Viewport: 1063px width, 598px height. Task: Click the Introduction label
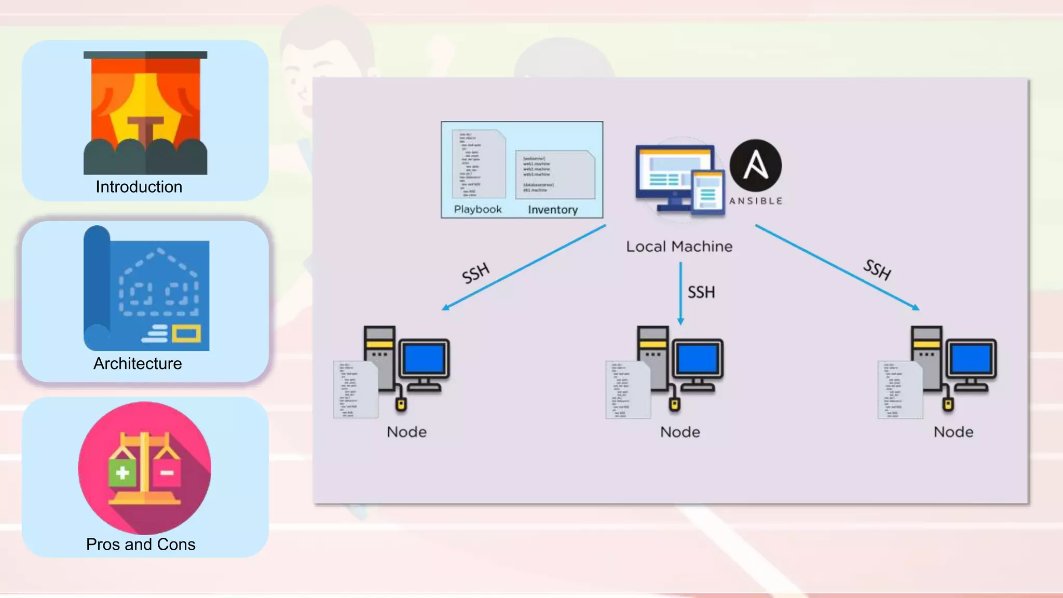coord(139,187)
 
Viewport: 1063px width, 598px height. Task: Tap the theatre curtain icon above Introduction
coord(145,113)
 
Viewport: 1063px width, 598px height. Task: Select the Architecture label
coord(138,363)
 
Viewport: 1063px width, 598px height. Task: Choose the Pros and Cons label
coord(141,544)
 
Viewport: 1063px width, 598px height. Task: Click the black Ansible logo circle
coord(755,165)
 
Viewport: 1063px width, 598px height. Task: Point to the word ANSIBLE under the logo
coord(755,201)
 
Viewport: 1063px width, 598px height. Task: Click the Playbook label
coord(478,209)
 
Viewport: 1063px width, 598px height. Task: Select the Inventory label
coord(553,210)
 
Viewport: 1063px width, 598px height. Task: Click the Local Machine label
coord(679,247)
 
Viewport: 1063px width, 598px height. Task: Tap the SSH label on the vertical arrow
coord(701,292)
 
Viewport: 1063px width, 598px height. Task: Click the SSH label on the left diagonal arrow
coord(475,273)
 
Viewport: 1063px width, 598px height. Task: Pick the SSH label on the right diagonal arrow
coord(877,269)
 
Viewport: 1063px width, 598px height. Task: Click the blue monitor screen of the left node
coord(424,359)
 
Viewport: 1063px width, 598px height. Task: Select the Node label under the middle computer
coord(680,432)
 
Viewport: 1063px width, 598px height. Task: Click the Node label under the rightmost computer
coord(953,432)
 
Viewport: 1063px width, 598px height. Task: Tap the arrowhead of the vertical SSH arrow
coord(680,321)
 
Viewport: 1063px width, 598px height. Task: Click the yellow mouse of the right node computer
coord(948,404)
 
